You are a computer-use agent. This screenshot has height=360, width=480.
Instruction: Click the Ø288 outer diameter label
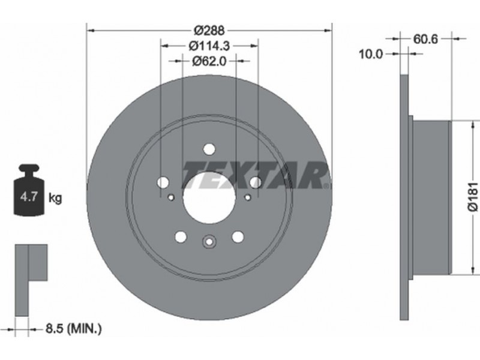point(209,31)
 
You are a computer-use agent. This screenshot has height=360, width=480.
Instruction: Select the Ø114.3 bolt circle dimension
point(209,46)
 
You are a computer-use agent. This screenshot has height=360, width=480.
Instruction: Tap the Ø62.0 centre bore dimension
point(209,61)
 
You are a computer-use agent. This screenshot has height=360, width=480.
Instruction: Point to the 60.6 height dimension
point(426,39)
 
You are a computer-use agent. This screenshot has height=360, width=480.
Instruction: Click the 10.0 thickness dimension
point(371,54)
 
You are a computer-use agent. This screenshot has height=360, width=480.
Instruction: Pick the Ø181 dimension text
point(473,197)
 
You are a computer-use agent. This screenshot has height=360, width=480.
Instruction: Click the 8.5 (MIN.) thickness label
point(73,329)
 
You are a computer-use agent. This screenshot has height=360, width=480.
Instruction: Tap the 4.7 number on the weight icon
point(28,197)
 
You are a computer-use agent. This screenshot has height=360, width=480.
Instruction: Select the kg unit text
point(55,199)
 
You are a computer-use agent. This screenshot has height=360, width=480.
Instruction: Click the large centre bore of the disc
point(209,197)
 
